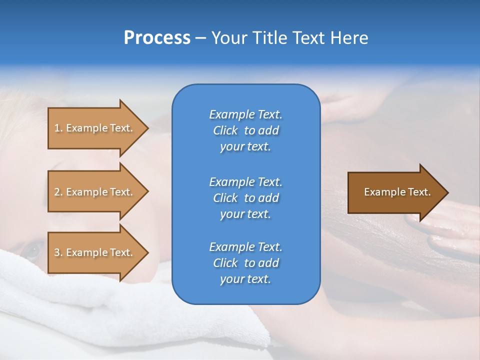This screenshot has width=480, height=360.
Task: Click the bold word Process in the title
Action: pyautogui.click(x=157, y=38)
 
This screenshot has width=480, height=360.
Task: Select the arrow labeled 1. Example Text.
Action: pyautogui.click(x=95, y=128)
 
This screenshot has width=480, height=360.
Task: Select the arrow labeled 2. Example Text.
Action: pyautogui.click(x=95, y=192)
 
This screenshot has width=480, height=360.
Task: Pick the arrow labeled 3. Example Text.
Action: pyautogui.click(x=95, y=252)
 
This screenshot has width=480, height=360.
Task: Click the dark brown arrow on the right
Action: pyautogui.click(x=395, y=192)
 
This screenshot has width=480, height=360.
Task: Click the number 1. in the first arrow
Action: pyautogui.click(x=58, y=128)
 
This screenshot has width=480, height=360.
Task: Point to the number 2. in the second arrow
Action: pyautogui.click(x=58, y=192)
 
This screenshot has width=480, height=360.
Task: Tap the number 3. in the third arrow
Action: pyautogui.click(x=58, y=253)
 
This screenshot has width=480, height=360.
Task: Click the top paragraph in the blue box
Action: pyautogui.click(x=245, y=130)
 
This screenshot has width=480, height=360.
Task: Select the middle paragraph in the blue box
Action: pyautogui.click(x=245, y=198)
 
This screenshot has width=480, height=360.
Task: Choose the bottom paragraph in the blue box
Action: pyautogui.click(x=245, y=263)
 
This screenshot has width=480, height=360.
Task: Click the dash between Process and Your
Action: pyautogui.click(x=201, y=38)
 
